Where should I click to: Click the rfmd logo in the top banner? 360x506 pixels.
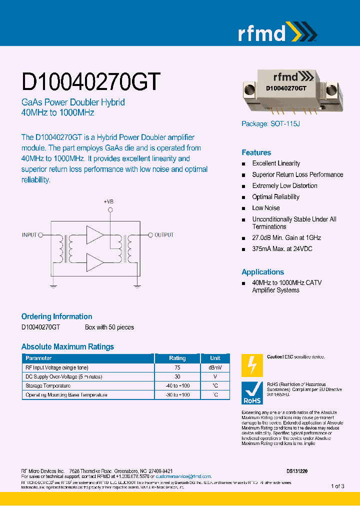click(x=276, y=32)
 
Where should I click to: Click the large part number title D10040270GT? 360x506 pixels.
click(x=90, y=81)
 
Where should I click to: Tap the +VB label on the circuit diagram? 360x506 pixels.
click(x=108, y=201)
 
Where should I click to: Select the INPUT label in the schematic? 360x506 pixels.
click(x=29, y=234)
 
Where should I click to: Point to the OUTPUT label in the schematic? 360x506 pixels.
click(x=163, y=234)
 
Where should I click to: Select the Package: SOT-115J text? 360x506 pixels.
click(x=270, y=124)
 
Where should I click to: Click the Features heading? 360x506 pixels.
click(x=256, y=152)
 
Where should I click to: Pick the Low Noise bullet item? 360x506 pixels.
click(x=265, y=208)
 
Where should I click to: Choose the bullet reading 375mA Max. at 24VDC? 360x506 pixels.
click(x=282, y=249)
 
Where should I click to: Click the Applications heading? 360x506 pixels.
click(x=262, y=272)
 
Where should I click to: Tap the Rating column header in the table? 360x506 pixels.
click(x=177, y=358)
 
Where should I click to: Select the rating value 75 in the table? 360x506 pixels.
click(x=177, y=367)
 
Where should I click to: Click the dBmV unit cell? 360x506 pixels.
click(x=215, y=367)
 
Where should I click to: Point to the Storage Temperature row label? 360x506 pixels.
click(x=48, y=385)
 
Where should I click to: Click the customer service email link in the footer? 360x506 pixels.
click(x=183, y=477)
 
